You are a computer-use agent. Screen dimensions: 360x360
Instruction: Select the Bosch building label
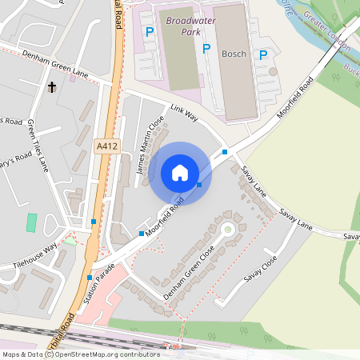(234, 53)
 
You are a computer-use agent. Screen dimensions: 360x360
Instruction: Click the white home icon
(180, 173)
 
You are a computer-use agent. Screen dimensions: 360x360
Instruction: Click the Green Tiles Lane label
(38, 144)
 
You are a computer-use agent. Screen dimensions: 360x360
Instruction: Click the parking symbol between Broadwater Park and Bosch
(206, 49)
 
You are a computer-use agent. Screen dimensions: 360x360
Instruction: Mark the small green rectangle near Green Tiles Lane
(31, 222)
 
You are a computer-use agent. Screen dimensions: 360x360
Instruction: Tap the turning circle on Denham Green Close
(226, 230)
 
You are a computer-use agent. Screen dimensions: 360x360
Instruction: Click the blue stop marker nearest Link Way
(225, 151)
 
